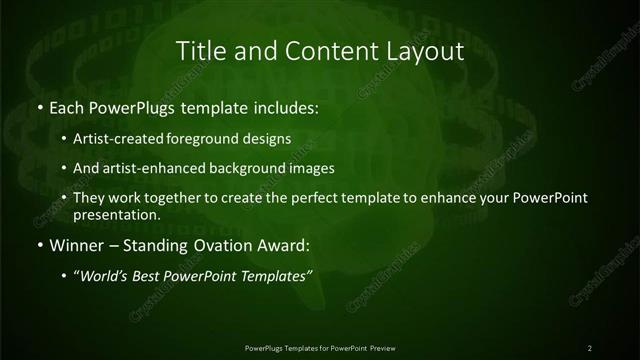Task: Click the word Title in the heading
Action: click(199, 50)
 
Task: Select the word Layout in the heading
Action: click(425, 50)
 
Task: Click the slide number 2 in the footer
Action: click(590, 347)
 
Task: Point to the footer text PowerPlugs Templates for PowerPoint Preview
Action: click(319, 347)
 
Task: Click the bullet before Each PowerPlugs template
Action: click(39, 106)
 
